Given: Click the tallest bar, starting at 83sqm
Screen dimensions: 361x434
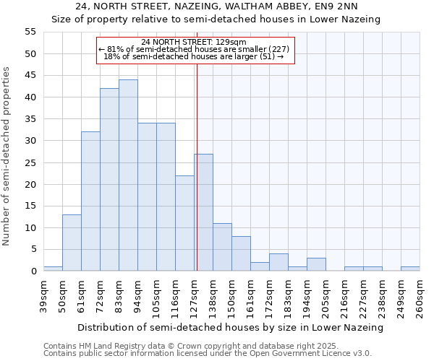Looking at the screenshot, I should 128,175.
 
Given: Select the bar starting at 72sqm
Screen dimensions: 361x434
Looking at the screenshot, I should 109,180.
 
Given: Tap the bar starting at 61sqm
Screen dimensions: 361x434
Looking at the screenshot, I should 90,201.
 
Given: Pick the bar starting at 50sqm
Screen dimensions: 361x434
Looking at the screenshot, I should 72,243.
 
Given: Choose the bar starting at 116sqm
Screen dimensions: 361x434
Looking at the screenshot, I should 184,223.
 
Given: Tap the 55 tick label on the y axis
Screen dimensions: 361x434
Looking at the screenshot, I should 30,32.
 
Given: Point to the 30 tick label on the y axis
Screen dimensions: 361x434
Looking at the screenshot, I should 30,141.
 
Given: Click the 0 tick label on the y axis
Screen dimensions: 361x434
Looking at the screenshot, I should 33,271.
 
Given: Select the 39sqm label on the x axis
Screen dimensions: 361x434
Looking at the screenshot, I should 43,293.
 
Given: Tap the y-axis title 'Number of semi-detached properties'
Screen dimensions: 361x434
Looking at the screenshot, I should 7,156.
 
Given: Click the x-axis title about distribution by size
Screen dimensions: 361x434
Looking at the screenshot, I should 230,327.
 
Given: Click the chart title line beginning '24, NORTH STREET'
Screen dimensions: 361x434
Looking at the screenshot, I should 216,7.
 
